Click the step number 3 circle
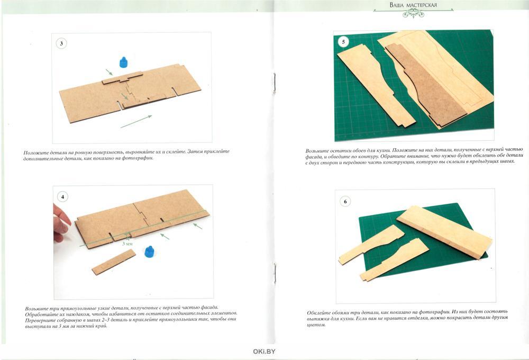[x=61, y=43]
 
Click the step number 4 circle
[x=62, y=196]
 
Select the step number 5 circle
[x=343, y=42]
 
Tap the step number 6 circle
[x=345, y=201]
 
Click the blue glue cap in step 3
[x=124, y=62]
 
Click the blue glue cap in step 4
[x=150, y=251]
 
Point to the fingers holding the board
[x=61, y=223]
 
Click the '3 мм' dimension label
[x=127, y=243]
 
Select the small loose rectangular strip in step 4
[x=114, y=262]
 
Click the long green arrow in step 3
[x=136, y=122]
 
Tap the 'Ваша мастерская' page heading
[x=413, y=5]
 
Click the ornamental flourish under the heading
[x=413, y=13]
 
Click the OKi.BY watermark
[x=264, y=352]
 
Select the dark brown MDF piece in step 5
[x=426, y=85]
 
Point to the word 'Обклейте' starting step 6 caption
[x=319, y=313]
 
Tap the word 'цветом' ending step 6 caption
[x=316, y=325]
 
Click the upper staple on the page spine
[x=274, y=83]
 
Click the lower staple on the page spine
[x=275, y=273]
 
